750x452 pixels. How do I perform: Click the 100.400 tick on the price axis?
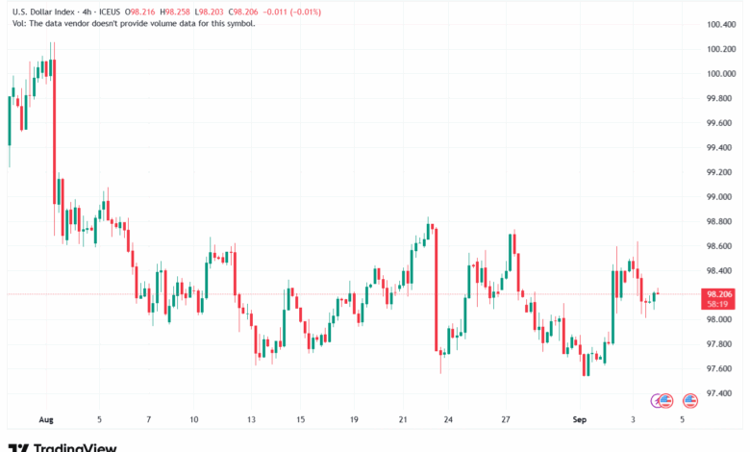721,24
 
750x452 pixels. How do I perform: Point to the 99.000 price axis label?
721,196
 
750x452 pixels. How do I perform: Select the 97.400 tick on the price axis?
721,393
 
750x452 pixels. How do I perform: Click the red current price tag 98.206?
720,294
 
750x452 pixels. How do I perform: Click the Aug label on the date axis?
45,420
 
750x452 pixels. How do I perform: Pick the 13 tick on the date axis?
252,420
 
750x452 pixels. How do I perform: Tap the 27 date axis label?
506,420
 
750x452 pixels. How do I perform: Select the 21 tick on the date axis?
403,420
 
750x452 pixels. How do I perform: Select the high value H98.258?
178,11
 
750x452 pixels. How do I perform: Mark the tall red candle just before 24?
437,289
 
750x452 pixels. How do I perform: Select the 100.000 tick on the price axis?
721,73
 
